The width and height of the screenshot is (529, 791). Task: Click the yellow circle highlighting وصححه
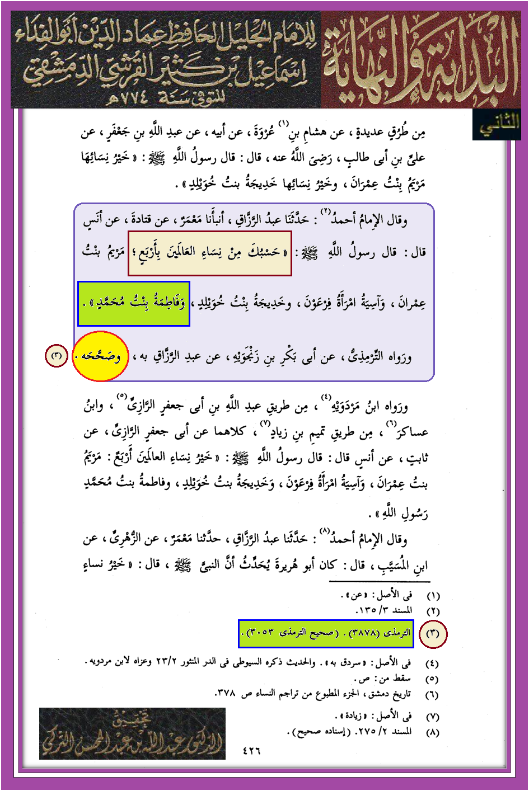100,356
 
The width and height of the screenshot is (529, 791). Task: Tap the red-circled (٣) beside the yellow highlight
57,356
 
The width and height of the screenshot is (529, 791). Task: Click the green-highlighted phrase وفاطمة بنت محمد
134,304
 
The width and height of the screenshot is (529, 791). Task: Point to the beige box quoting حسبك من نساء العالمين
210,253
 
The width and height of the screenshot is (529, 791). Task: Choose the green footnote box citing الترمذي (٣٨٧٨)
325,633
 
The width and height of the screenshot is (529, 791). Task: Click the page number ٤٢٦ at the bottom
251,751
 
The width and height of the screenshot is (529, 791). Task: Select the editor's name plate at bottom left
132,733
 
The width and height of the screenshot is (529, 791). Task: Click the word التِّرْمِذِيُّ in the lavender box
367,356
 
